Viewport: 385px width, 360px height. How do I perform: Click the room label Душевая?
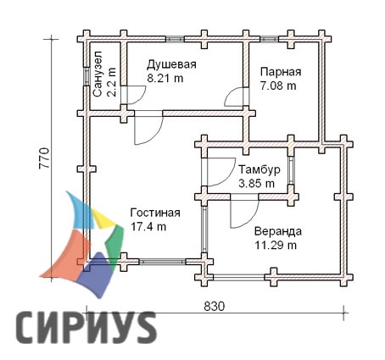pos(171,65)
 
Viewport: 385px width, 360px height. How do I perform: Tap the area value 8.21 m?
pos(165,78)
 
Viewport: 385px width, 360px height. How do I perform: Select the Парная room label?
pos(281,72)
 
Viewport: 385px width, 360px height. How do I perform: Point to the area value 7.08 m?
pos(278,86)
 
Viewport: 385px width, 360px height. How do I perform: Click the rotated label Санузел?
pos(98,75)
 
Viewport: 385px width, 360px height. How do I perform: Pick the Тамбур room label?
pos(259,170)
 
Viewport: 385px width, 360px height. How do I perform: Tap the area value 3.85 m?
pos(256,184)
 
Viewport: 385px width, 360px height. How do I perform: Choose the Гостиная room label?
pos(155,213)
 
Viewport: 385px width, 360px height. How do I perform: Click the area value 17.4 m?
pos(148,226)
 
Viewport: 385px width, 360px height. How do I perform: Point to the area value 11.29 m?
pos(276,245)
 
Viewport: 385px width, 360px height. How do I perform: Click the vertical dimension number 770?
pos(44,158)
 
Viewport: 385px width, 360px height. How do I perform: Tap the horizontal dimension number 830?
pos(215,307)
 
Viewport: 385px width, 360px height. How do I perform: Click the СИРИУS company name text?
pos(86,328)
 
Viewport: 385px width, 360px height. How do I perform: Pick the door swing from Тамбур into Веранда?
pos(244,211)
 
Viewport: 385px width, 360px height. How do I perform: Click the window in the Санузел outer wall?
pos(86,76)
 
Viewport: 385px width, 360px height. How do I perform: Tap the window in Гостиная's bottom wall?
pos(162,262)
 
